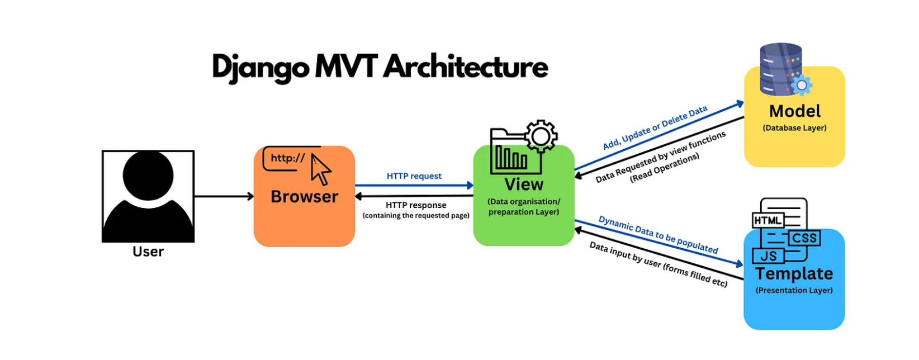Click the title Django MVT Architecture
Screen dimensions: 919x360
(x=380, y=68)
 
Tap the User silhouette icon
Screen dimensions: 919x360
(x=148, y=196)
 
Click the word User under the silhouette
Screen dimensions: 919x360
(x=148, y=251)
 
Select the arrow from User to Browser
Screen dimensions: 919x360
(x=224, y=196)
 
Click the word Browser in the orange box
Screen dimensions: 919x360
(x=305, y=197)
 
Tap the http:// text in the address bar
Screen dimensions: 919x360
(x=288, y=158)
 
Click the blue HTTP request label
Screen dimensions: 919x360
(x=414, y=176)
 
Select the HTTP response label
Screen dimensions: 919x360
(x=416, y=205)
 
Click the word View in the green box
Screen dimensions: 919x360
(x=524, y=184)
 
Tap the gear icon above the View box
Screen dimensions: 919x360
(x=541, y=136)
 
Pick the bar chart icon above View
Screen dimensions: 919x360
(x=511, y=158)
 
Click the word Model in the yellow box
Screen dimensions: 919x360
(x=795, y=111)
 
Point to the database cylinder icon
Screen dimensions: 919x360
(x=781, y=69)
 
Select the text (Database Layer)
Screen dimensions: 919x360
(x=795, y=128)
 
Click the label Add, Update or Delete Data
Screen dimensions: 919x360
(x=655, y=127)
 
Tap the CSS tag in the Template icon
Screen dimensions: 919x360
(x=804, y=238)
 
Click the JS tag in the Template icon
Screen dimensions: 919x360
(x=768, y=256)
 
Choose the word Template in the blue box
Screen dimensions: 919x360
(x=794, y=274)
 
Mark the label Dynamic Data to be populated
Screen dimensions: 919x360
(x=658, y=235)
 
